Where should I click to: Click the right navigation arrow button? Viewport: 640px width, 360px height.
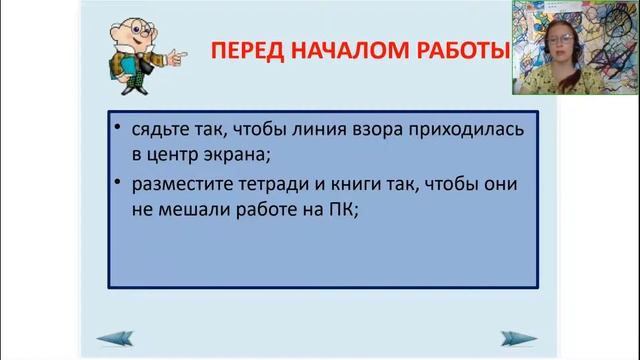518,337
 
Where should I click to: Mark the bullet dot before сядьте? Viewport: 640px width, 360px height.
118,130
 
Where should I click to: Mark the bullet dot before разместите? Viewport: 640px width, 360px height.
118,185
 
